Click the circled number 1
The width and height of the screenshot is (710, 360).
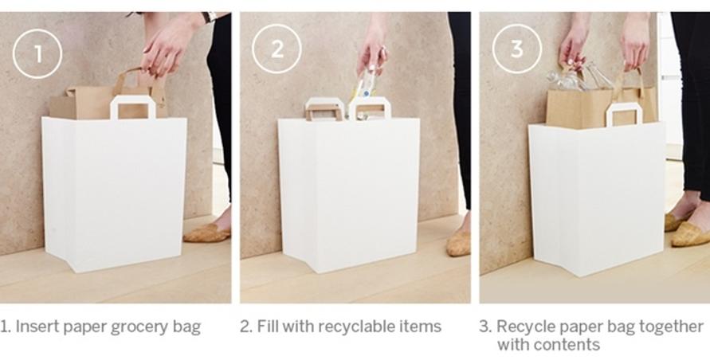tap(37, 53)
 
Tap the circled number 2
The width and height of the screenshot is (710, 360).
tap(277, 49)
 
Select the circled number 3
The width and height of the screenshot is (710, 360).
tap(516, 49)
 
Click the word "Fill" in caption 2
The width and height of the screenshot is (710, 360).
tap(265, 326)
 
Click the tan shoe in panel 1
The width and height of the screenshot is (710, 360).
tap(207, 232)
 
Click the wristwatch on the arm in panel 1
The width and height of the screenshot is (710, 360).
tap(210, 17)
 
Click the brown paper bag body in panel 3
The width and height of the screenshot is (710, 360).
tap(600, 107)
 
